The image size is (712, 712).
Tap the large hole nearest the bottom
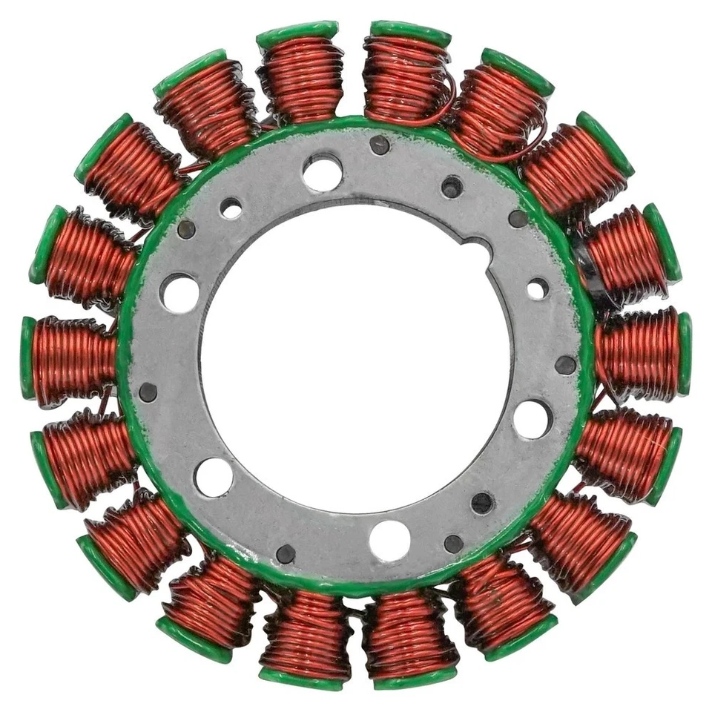click(x=389, y=540)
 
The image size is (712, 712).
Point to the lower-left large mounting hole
click(x=214, y=477)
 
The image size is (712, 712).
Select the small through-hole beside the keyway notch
click(x=537, y=289)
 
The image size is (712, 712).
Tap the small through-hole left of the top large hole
click(x=231, y=208)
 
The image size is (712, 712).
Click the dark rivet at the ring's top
click(x=380, y=145)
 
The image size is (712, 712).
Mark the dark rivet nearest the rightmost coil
click(x=565, y=365)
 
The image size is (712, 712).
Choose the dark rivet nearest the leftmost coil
click(x=148, y=392)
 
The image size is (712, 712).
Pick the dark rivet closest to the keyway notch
click(x=518, y=218)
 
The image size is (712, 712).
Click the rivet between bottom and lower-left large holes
click(x=286, y=553)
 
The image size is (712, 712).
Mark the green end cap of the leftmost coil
click(x=28, y=357)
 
